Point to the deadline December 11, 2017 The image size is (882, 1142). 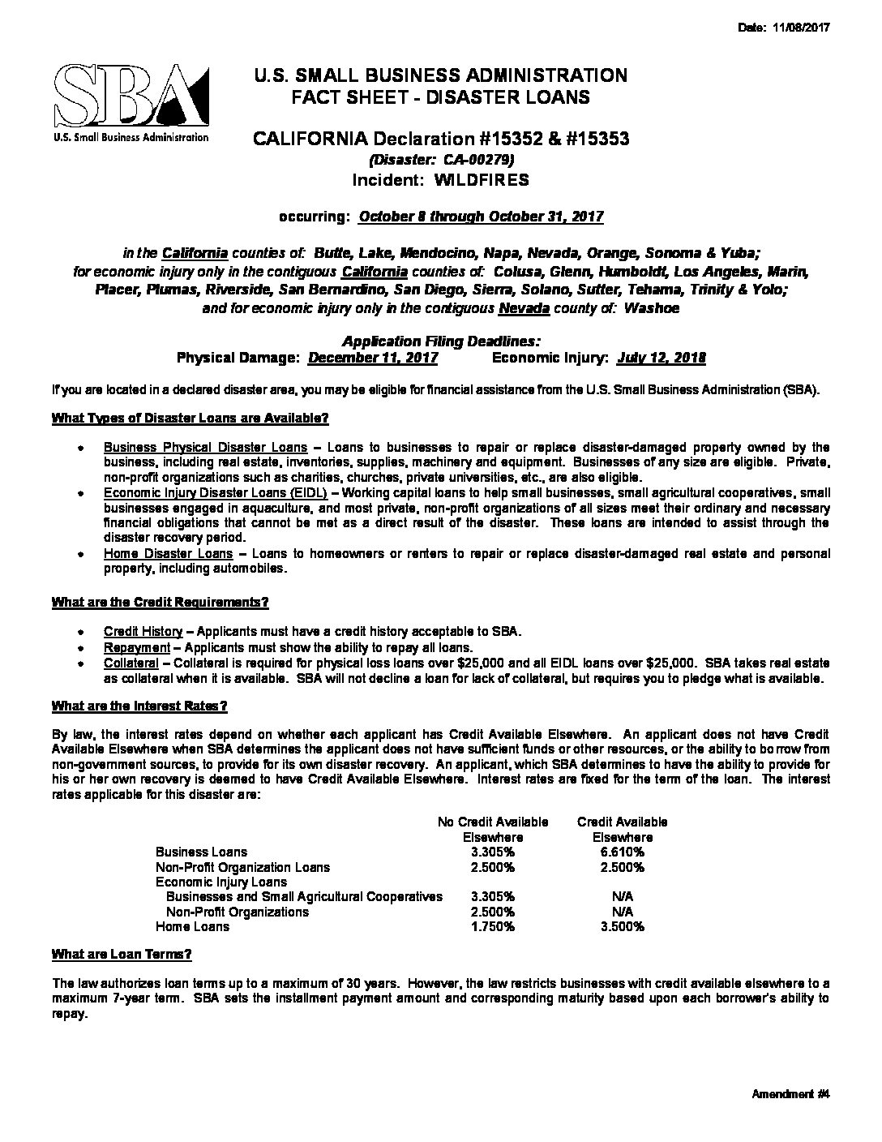[x=374, y=358]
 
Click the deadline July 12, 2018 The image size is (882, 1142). [x=661, y=358]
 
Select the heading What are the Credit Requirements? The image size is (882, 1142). [x=160, y=603]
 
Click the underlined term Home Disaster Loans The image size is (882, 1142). [x=168, y=554]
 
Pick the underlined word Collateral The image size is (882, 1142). [x=131, y=663]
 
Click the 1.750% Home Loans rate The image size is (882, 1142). [x=492, y=926]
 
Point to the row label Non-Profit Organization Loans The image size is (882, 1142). [x=242, y=867]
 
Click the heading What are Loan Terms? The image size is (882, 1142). [x=122, y=954]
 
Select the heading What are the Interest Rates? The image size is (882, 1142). [x=139, y=706]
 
